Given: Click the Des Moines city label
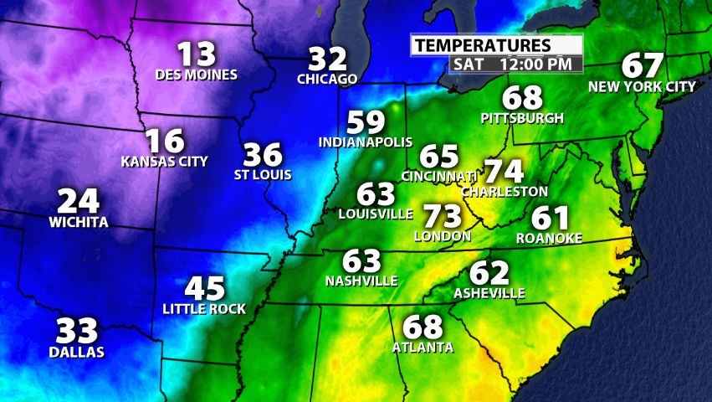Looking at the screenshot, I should tap(197, 75).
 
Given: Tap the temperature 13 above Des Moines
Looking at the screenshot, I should tap(197, 55).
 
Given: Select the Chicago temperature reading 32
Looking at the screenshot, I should tap(328, 59).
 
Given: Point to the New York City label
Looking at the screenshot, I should tap(642, 86).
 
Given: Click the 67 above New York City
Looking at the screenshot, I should tap(643, 66).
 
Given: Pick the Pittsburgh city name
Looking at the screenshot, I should tap(522, 118).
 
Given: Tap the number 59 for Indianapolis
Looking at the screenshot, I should tap(366, 122).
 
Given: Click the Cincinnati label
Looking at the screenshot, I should tap(439, 176).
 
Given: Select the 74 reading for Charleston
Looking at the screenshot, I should tap(505, 171).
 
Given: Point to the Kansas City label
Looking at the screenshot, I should tap(165, 161).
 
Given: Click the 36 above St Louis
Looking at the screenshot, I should tap(263, 155).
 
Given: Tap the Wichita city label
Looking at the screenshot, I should tap(79, 222).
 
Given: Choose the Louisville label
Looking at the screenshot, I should tap(376, 214).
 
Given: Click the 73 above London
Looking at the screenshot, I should tap(443, 216).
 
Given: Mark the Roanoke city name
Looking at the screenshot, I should tap(549, 238).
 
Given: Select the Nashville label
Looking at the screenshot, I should tap(361, 281).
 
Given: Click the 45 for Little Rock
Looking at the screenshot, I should tap(205, 289).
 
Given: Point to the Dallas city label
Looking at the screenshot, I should tap(76, 352).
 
